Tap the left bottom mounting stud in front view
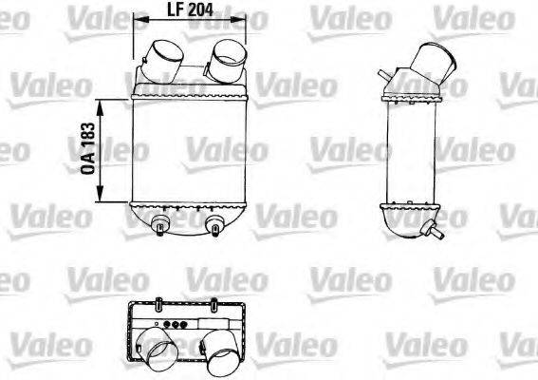click(160, 225)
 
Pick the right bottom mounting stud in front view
click(215, 226)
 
